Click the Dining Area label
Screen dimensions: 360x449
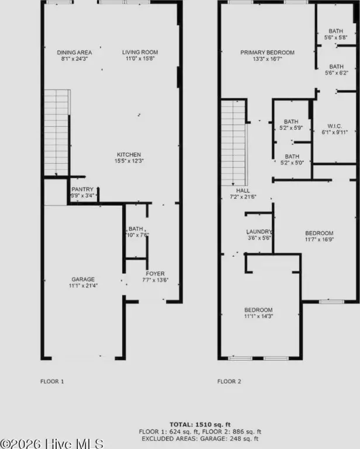pyautogui.click(x=74, y=53)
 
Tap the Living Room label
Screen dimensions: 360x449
pyautogui.click(x=140, y=52)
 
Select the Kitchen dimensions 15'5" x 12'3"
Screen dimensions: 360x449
pyautogui.click(x=129, y=161)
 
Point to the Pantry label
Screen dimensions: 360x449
pyautogui.click(x=82, y=189)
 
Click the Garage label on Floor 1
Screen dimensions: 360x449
pyautogui.click(x=83, y=279)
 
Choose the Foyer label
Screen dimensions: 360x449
pyautogui.click(x=155, y=274)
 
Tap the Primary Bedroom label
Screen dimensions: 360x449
pyautogui.click(x=267, y=53)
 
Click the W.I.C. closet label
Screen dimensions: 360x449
pyautogui.click(x=334, y=126)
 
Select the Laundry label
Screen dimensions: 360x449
pyautogui.click(x=259, y=232)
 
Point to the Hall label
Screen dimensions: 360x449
pyautogui.click(x=243, y=191)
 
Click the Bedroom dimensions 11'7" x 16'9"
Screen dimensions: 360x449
pyautogui.click(x=319, y=239)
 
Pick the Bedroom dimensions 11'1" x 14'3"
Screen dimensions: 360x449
pyautogui.click(x=258, y=316)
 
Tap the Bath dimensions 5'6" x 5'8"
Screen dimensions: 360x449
pyautogui.click(x=335, y=37)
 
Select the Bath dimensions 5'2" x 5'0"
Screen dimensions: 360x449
pyautogui.click(x=292, y=163)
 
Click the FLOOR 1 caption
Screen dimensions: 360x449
pyautogui.click(x=52, y=381)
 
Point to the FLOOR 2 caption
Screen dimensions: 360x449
pyautogui.click(x=229, y=381)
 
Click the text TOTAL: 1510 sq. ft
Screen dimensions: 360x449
pyautogui.click(x=200, y=424)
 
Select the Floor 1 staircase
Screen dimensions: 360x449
pyautogui.click(x=57, y=133)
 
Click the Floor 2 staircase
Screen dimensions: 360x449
pyautogui.click(x=234, y=143)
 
